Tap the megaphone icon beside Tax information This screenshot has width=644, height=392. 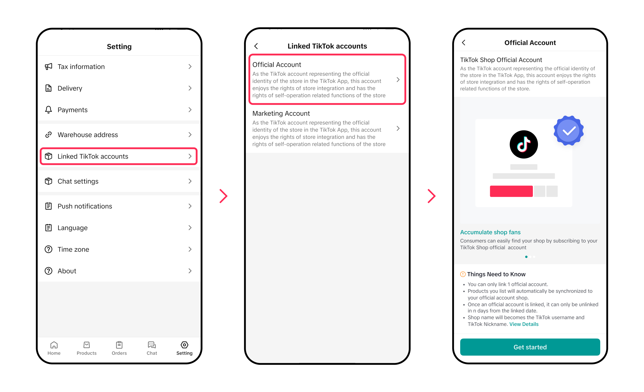coord(48,66)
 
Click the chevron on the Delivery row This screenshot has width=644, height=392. coord(190,88)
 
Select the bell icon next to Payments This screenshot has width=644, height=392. coord(48,110)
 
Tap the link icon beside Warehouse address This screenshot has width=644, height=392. coord(48,135)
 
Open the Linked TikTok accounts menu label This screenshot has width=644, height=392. coord(93,156)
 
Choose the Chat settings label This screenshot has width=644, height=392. coord(78,181)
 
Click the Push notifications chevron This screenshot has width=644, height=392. coord(190,206)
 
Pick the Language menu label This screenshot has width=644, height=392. coord(72,228)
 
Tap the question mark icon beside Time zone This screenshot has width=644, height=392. coord(48,249)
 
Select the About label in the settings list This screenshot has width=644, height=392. coord(67,271)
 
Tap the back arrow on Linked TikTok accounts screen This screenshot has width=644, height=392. coord(256,46)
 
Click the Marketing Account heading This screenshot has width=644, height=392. coord(281,113)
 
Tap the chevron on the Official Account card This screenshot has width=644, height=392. coord(398,79)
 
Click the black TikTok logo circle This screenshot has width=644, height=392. coord(523,144)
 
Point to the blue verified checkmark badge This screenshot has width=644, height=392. coord(568,130)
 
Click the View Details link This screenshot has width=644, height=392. coord(524,324)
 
